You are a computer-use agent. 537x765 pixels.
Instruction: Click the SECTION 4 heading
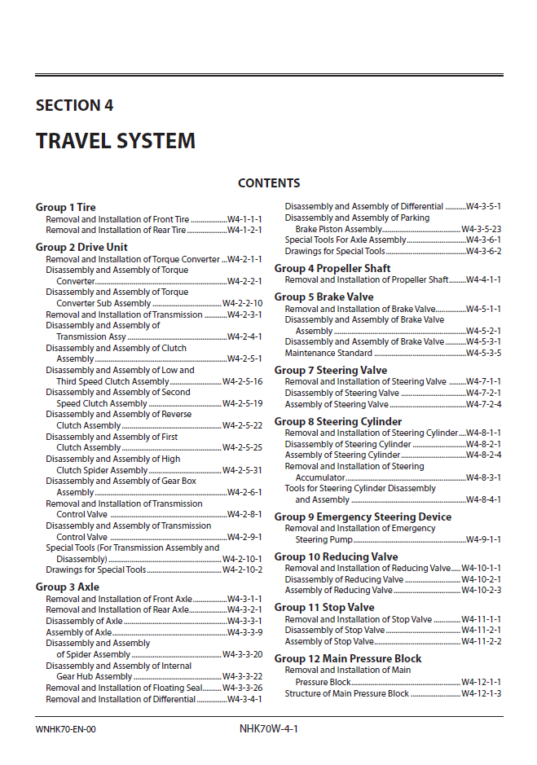click(74, 105)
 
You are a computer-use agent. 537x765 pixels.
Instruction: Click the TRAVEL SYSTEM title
click(115, 141)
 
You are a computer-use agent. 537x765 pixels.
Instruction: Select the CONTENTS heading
click(268, 183)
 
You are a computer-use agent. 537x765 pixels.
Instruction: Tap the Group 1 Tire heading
click(65, 207)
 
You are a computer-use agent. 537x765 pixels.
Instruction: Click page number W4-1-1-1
click(244, 219)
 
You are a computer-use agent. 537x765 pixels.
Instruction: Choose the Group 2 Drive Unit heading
click(81, 247)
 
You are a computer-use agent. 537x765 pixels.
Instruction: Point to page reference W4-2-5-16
click(242, 381)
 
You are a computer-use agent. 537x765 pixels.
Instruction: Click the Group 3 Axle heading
click(67, 587)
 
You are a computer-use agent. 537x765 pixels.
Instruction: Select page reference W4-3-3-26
click(242, 688)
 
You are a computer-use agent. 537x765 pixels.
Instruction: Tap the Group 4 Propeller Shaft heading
click(332, 268)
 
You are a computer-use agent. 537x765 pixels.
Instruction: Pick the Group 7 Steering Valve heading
click(330, 370)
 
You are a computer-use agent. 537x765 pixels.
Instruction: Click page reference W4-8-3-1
click(483, 477)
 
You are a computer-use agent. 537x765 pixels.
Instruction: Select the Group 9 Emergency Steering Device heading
click(363, 517)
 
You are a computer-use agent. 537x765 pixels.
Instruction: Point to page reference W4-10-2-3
click(481, 590)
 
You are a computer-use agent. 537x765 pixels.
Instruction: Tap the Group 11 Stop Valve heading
click(324, 607)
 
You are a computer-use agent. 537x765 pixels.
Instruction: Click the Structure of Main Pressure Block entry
click(346, 693)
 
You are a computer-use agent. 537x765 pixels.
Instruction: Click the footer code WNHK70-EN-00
click(66, 729)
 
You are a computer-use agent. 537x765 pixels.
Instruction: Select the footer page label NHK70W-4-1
click(263, 728)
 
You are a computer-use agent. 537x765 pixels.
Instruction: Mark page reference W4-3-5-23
click(481, 229)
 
